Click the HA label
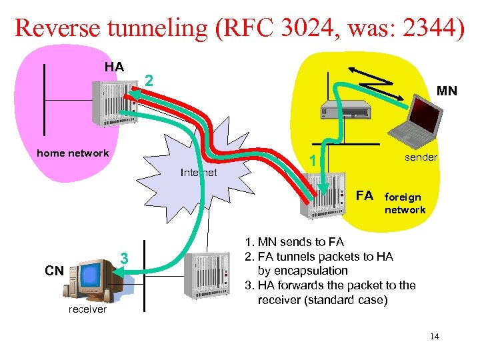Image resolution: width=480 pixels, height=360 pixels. click(114, 67)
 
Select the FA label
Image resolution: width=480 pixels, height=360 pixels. click(365, 196)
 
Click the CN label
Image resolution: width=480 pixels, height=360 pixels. click(54, 271)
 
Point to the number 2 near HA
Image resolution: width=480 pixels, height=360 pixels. click(150, 81)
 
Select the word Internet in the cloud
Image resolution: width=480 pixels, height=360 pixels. click(199, 173)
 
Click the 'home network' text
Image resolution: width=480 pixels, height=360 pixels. click(73, 153)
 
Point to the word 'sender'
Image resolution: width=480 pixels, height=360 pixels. click(421, 157)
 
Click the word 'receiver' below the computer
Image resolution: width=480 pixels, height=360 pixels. click(87, 309)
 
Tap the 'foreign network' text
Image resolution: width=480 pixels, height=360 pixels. click(404, 203)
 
